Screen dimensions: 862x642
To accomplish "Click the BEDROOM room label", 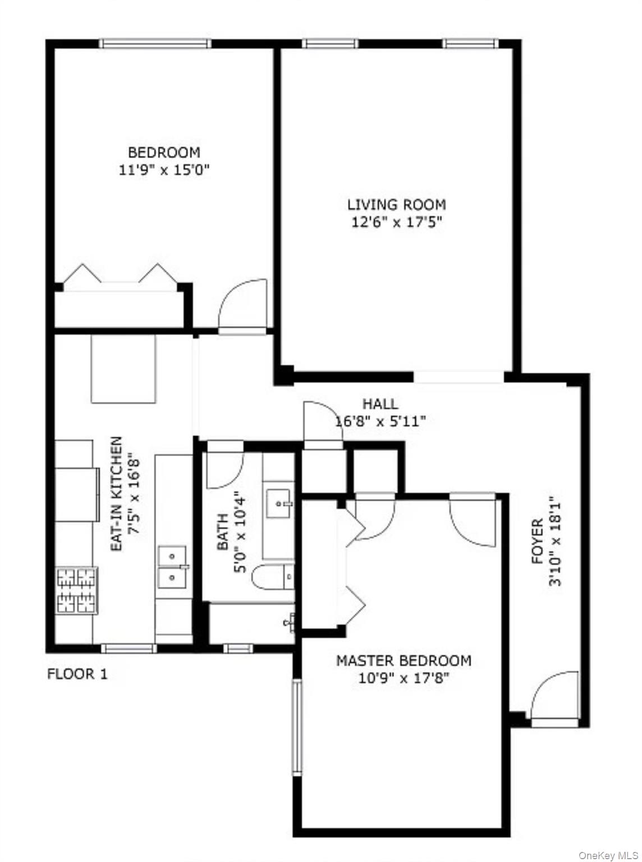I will point(164,152).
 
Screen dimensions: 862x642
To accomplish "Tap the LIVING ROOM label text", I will point(396,204).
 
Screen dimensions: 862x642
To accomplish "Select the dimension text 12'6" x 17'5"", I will point(396,222).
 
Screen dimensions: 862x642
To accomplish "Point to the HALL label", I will point(380,404).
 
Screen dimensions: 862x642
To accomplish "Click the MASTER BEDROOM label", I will point(403,661).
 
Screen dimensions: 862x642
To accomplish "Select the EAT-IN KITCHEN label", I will point(116,494).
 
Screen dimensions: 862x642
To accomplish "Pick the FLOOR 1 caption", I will point(77,673).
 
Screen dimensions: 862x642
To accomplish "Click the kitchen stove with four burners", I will point(76,590).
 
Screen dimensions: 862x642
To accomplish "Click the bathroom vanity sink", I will point(279,503).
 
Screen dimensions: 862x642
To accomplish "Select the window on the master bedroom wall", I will point(296,727).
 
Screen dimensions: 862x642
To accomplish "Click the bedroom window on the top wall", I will point(155,44).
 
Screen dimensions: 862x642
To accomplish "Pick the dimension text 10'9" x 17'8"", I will point(403,678).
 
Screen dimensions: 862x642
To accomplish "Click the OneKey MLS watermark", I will point(608,855).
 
